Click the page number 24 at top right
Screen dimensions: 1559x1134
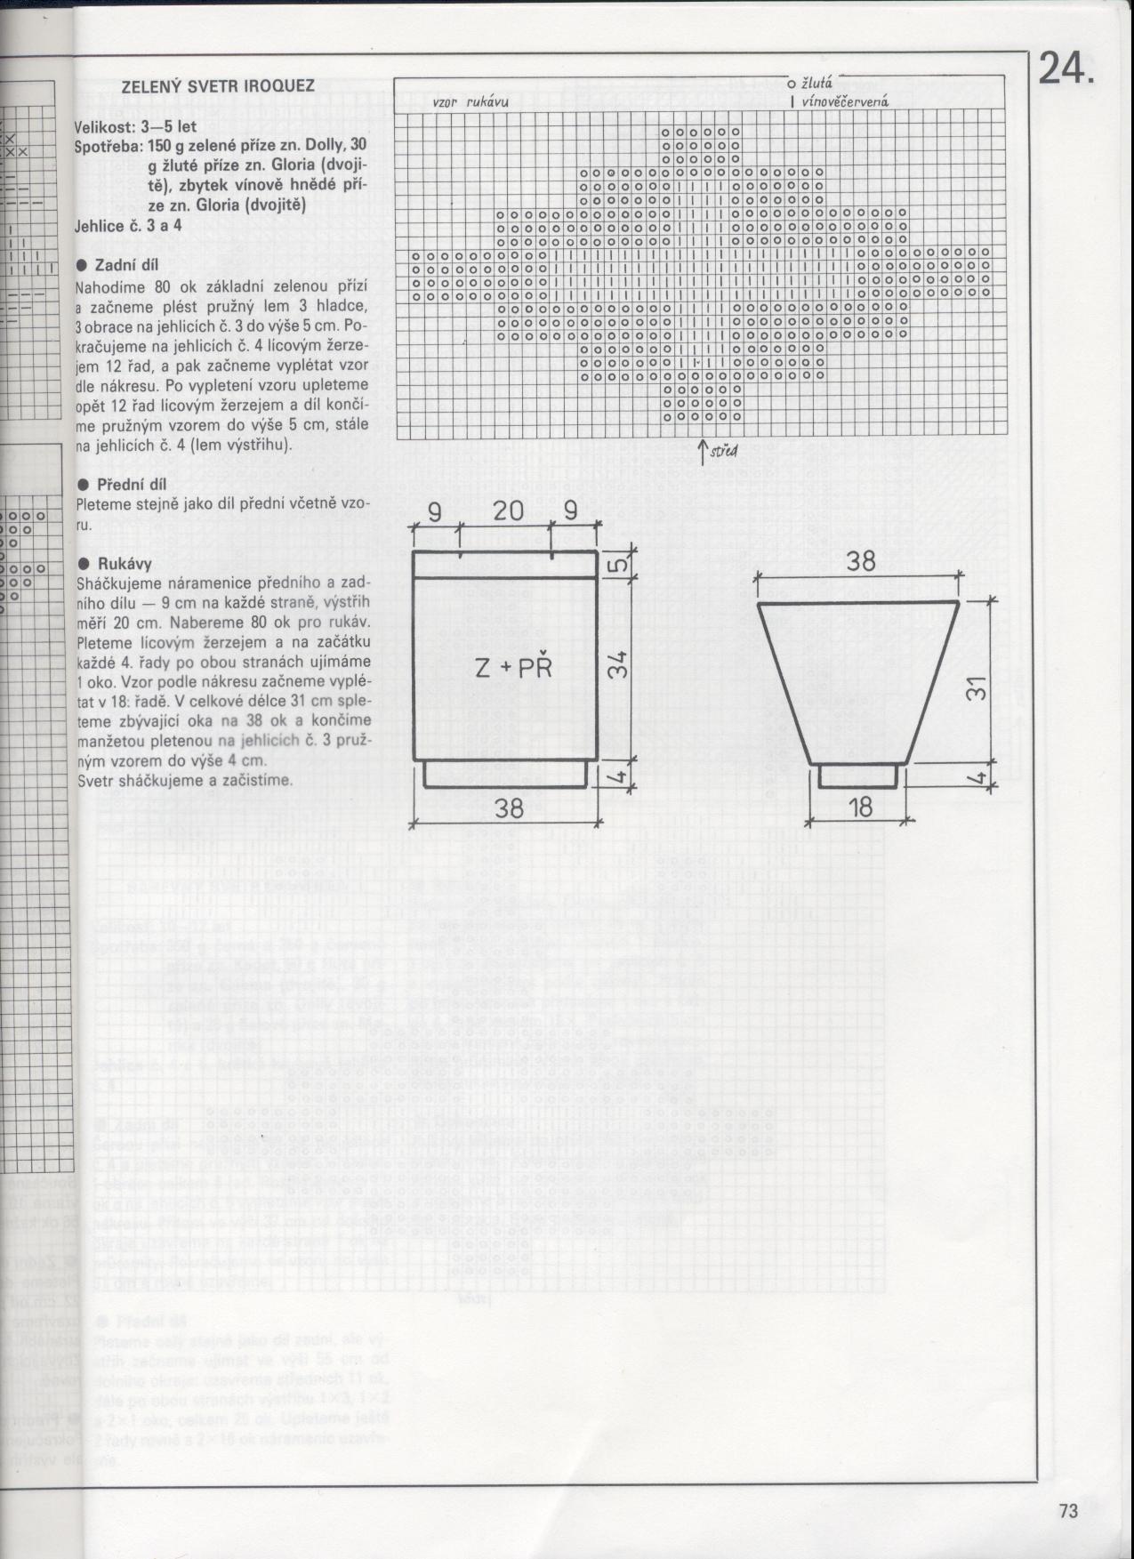coord(1063,69)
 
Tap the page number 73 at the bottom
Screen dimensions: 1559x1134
coord(1068,1511)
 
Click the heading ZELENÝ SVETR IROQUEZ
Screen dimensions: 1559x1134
coord(218,86)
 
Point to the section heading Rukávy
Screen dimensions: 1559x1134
coord(123,564)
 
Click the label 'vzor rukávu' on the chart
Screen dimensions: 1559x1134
coord(470,102)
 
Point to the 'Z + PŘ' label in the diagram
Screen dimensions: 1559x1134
coord(514,668)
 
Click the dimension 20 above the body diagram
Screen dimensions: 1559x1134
coord(508,511)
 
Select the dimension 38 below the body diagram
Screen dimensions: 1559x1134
coord(508,808)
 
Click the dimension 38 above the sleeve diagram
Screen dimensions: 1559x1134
coord(859,561)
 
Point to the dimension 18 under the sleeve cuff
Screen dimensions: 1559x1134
coord(860,808)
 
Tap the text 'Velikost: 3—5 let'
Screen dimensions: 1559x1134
coord(135,127)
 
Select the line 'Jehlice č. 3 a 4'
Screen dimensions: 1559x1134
coord(129,226)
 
